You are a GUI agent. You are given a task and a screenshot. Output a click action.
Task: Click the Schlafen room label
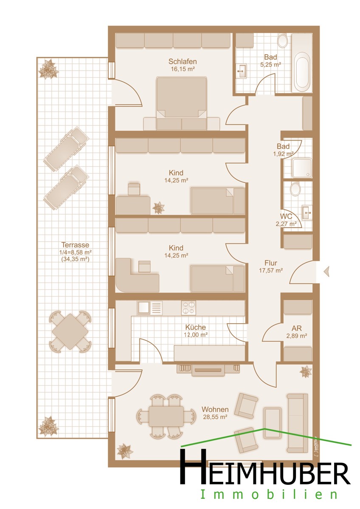coord(183,62)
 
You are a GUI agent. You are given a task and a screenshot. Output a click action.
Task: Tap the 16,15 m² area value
coord(183,69)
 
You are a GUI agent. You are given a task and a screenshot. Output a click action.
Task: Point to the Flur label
coord(270,263)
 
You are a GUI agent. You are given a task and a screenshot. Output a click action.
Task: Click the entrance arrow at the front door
coord(326,271)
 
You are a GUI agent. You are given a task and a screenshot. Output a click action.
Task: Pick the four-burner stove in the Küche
coord(188,308)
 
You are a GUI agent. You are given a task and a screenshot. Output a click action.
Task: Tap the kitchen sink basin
coord(143,308)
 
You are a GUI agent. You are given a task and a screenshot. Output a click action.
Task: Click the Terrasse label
coord(75,245)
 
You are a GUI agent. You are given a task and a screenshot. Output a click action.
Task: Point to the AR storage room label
coord(297,328)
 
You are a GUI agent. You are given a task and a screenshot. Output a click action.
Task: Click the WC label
coord(286,216)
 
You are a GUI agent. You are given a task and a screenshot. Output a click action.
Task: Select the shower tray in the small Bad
coord(302,168)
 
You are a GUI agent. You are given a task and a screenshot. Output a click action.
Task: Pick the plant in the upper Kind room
coord(158,208)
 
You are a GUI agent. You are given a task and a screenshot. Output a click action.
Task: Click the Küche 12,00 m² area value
coord(196,335)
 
